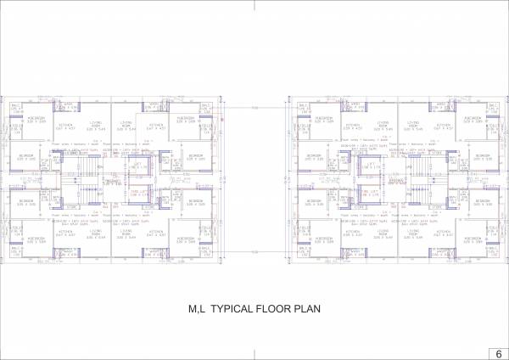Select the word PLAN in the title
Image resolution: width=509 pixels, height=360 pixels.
tap(308, 310)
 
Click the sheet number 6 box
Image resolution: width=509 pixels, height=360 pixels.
tap(495, 352)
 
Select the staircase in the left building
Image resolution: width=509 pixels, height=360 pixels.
tap(79, 182)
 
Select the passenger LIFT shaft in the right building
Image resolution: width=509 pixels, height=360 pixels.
tap(368, 166)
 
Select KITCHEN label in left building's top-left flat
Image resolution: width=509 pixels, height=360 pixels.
tap(65, 124)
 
